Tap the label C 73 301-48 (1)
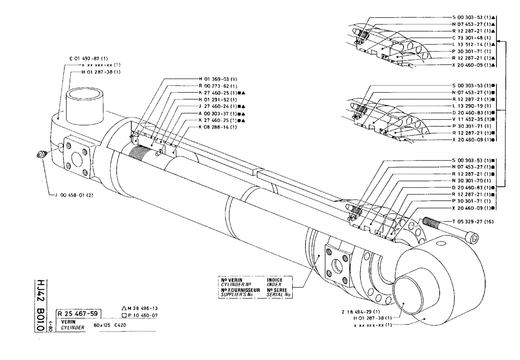point(472,38)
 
